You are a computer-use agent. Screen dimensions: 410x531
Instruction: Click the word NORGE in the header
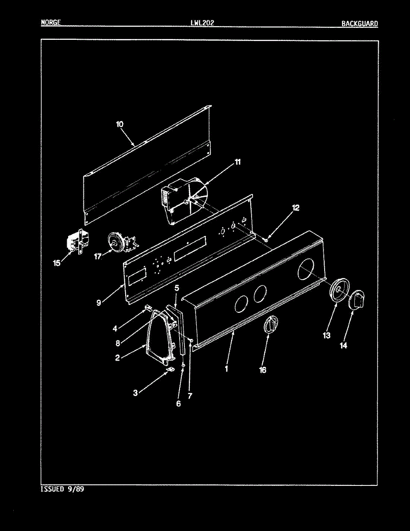(50, 23)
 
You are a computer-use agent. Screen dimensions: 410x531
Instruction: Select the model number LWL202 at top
(202, 23)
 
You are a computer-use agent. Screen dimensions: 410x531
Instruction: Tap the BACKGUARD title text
(359, 23)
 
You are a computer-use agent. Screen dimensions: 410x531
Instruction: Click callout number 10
(120, 124)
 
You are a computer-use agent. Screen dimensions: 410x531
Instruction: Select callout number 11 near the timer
(238, 162)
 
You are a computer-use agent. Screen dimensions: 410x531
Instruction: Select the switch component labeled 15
(76, 244)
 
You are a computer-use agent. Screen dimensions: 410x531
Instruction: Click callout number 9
(99, 303)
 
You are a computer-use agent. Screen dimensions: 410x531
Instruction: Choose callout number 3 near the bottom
(135, 392)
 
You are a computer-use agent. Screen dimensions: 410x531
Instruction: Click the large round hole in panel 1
(308, 269)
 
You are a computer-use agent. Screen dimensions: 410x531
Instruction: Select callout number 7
(190, 396)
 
